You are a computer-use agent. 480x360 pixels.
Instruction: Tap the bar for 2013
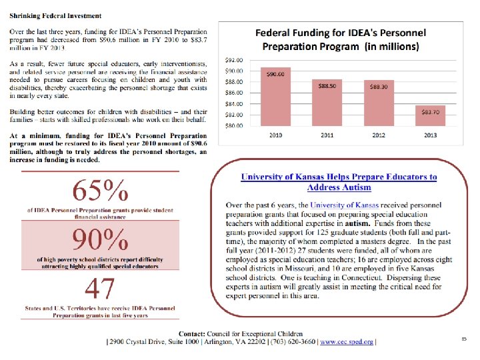[430, 115]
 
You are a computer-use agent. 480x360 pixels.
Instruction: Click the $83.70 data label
[430, 111]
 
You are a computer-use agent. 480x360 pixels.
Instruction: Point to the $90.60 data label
[276, 74]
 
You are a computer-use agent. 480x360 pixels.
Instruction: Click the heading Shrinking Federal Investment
[55, 15]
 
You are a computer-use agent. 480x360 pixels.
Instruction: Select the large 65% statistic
[100, 192]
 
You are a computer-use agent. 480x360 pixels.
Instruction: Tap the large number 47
[100, 289]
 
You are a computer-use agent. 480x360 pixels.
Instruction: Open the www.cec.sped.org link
[347, 342]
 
